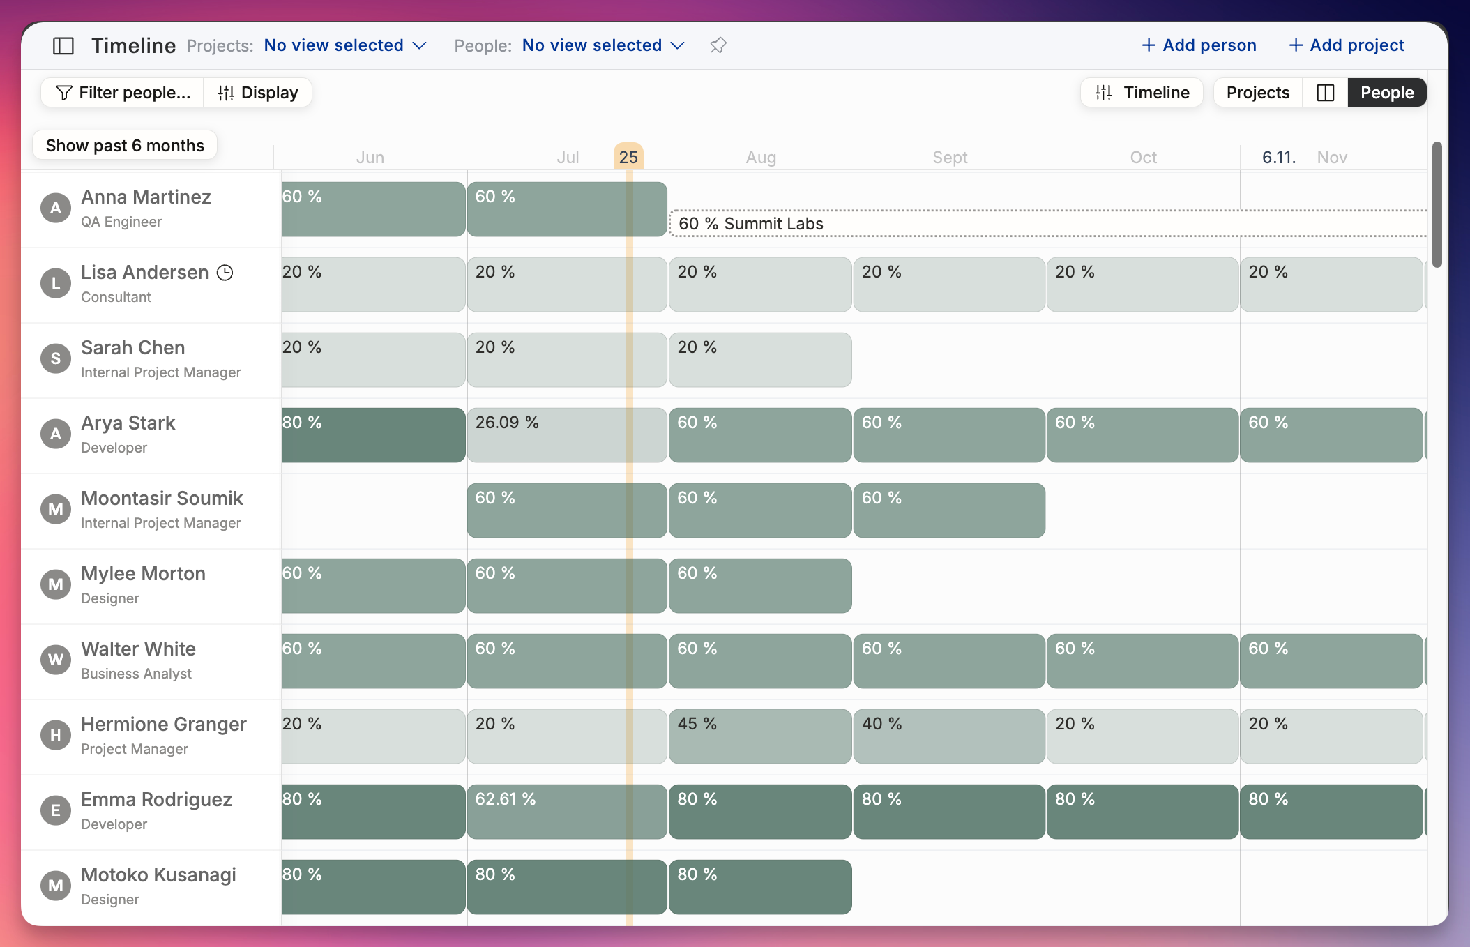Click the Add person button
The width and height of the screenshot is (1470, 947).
click(x=1199, y=45)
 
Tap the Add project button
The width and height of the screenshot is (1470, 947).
click(x=1346, y=45)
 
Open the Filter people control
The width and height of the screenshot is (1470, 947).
click(x=123, y=93)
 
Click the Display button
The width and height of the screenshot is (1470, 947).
click(x=258, y=93)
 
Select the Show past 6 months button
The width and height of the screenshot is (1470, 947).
click(x=125, y=146)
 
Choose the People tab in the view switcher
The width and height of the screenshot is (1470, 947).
click(x=1387, y=93)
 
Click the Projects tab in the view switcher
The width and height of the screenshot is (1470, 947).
click(x=1258, y=93)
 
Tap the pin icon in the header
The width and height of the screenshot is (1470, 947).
click(x=718, y=45)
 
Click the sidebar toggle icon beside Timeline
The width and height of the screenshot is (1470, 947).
click(x=63, y=46)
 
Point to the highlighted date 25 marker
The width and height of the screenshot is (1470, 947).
click(x=628, y=157)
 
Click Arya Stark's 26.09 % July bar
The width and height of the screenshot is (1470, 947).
click(x=567, y=435)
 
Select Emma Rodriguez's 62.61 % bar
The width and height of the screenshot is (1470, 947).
click(x=567, y=812)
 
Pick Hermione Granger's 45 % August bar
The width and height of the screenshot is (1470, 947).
click(x=760, y=736)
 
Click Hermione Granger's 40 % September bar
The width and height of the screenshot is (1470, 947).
click(x=949, y=736)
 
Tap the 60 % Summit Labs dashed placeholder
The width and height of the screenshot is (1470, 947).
click(x=1048, y=223)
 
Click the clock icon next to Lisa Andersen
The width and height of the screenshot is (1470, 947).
click(x=225, y=273)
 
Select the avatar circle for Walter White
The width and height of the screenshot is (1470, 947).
click(x=56, y=660)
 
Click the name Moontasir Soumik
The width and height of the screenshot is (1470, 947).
click(x=162, y=499)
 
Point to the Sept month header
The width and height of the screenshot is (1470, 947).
click(x=950, y=158)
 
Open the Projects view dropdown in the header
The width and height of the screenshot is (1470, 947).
click(x=345, y=45)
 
